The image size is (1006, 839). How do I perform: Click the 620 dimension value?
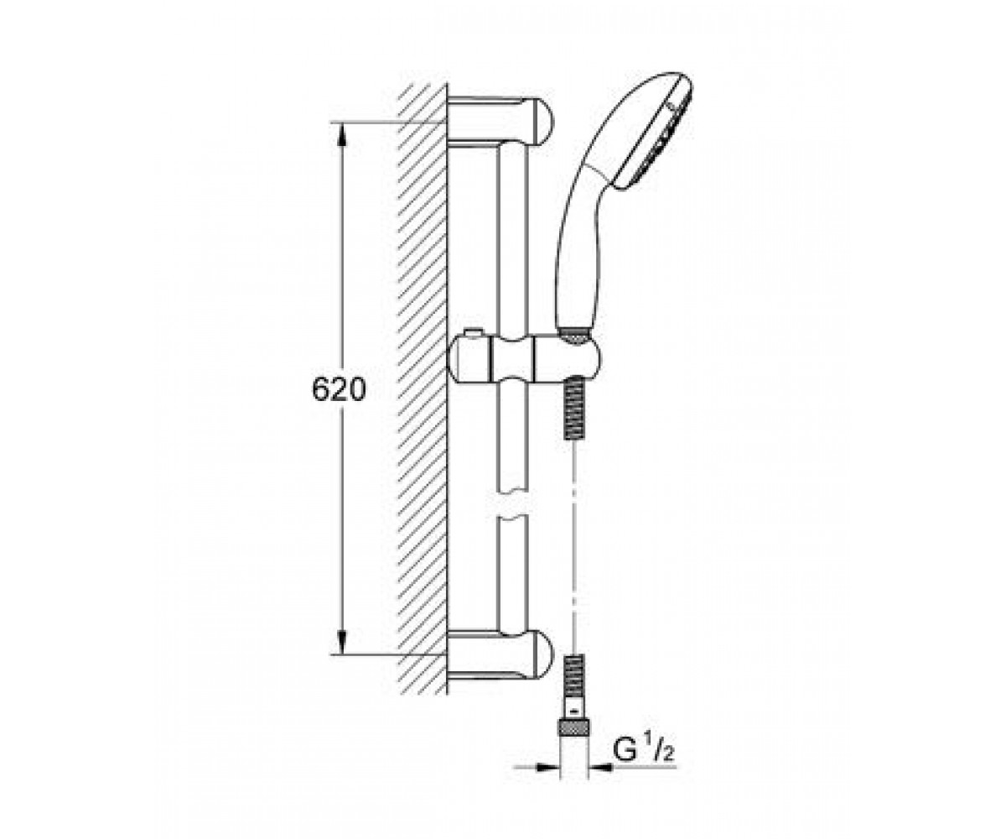[339, 389]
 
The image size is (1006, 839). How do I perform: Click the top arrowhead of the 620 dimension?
[341, 133]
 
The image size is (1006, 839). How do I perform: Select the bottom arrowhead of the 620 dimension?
[341, 644]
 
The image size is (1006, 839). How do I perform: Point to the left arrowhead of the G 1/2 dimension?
[548, 766]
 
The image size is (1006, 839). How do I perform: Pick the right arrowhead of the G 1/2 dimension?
[600, 766]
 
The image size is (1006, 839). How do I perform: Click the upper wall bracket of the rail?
[500, 121]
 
